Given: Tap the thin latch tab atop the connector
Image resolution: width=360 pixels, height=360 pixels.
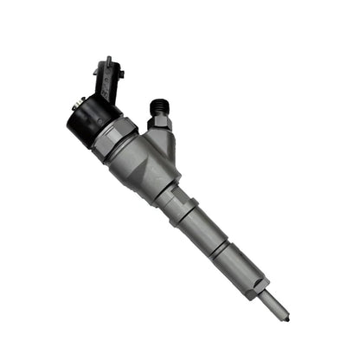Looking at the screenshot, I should (106, 61).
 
